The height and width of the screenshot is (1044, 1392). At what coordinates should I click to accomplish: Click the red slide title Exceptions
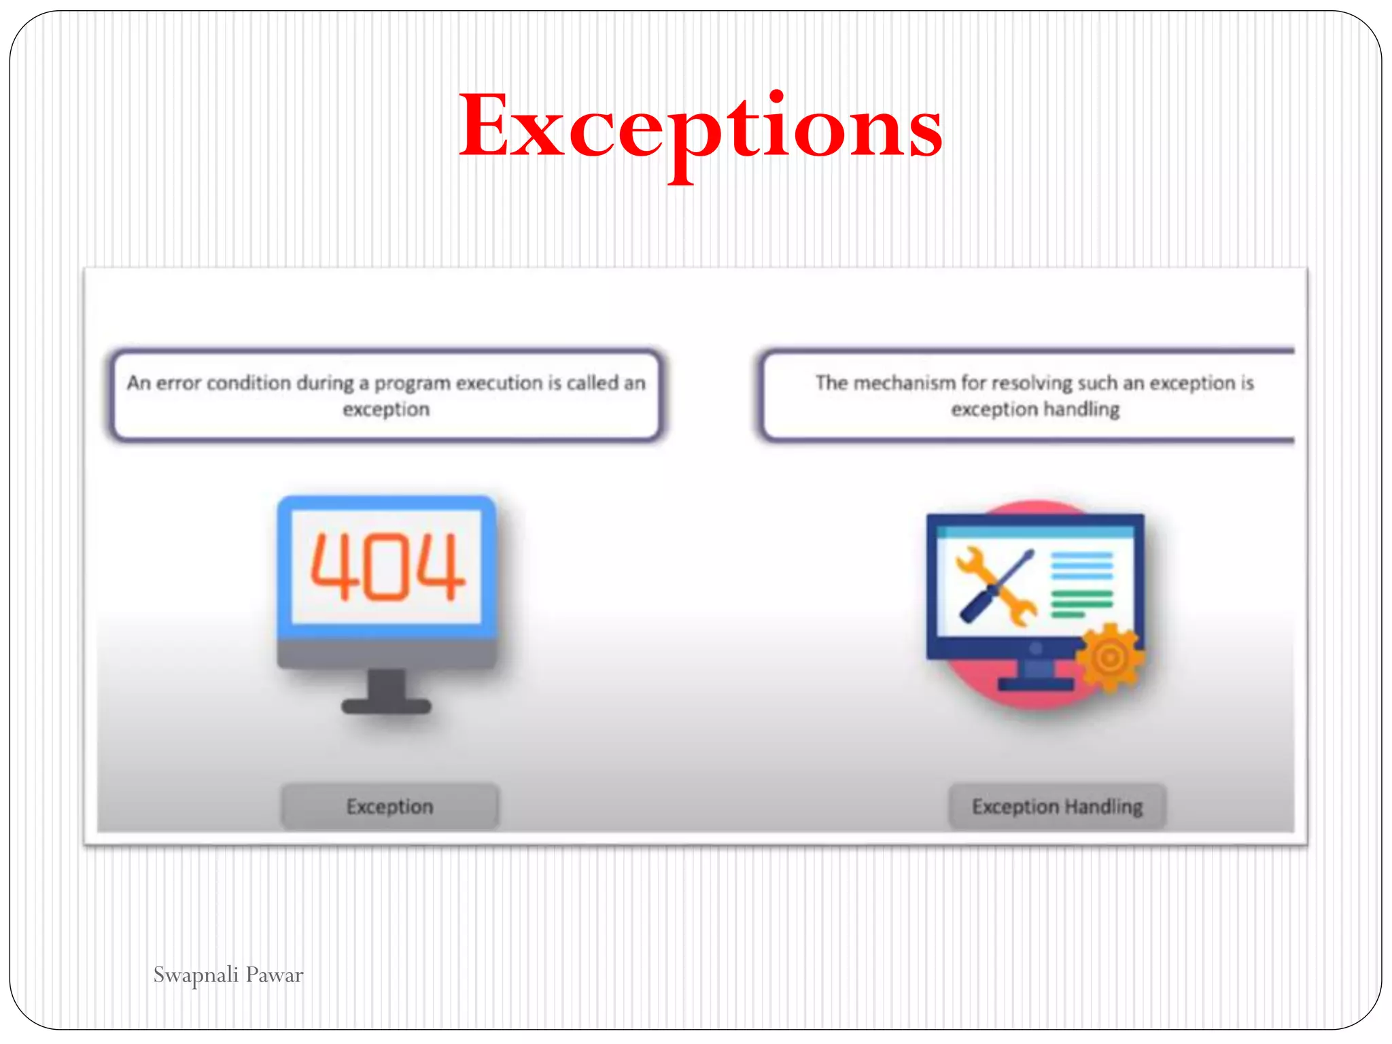701,128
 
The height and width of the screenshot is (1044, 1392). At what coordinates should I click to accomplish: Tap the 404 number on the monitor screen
387,566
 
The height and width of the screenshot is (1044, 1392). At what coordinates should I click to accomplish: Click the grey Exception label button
390,806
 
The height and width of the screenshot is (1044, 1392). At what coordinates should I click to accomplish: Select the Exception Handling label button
1057,806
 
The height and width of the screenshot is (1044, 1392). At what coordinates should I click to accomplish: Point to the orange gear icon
1110,657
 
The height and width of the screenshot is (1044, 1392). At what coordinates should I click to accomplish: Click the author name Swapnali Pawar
228,975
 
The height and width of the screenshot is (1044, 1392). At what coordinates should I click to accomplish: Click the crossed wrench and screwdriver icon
996,586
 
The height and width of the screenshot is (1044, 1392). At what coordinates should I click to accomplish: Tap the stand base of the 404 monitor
386,706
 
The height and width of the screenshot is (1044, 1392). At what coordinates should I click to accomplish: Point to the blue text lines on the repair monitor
1082,565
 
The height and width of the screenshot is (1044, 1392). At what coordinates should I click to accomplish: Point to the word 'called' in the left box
592,383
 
